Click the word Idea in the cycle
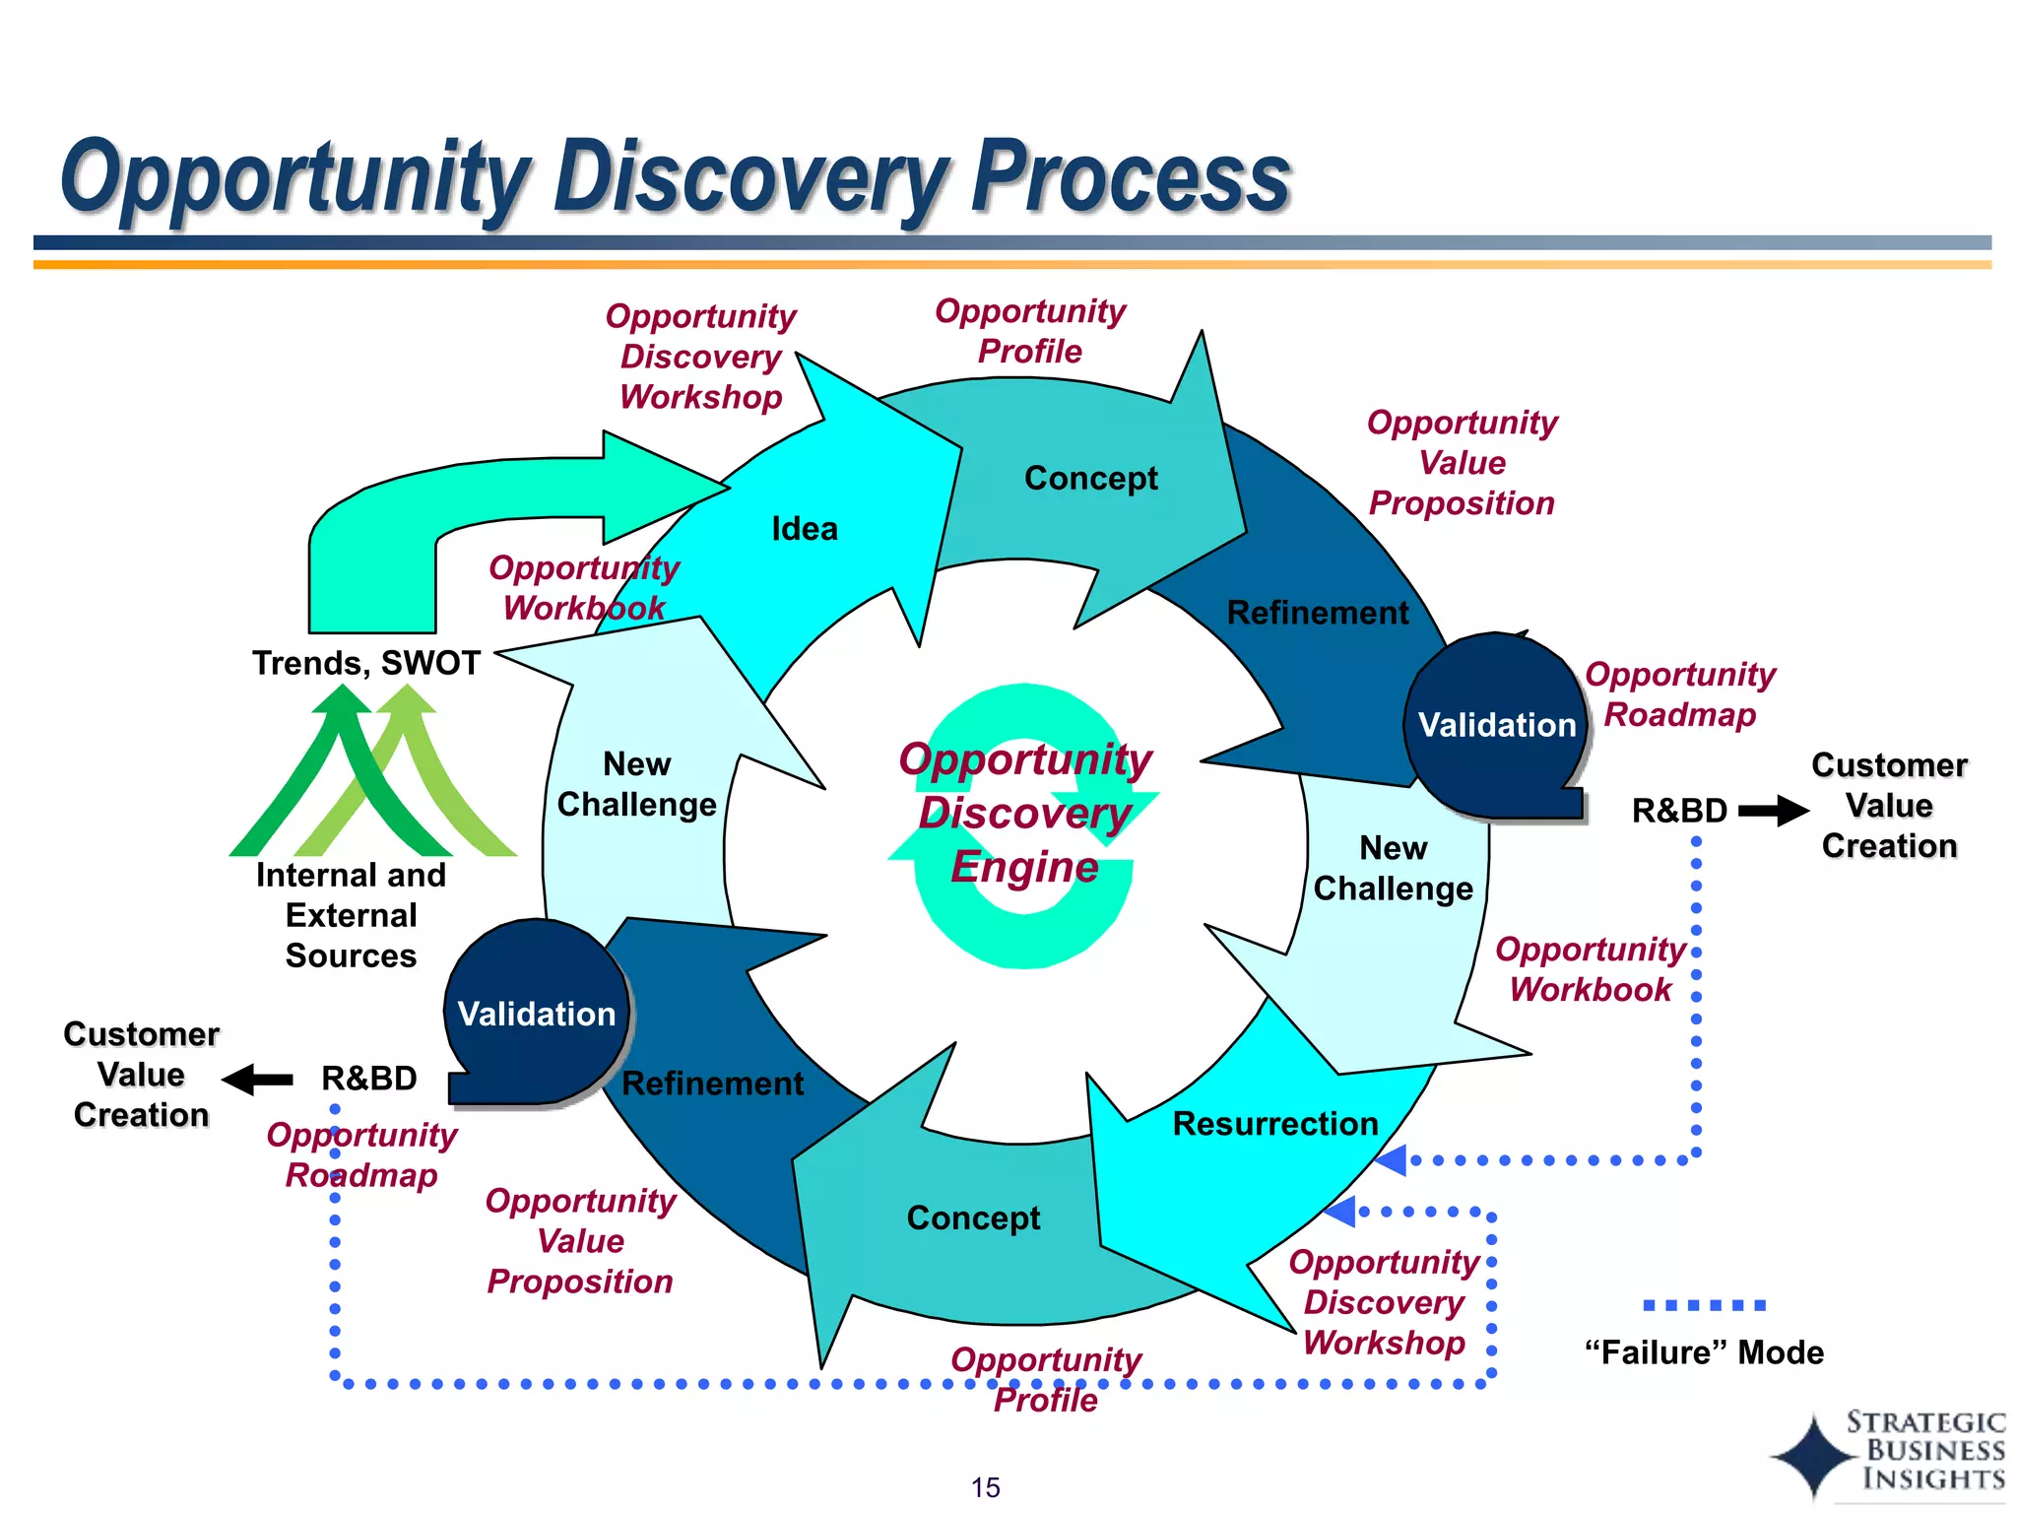[x=805, y=529]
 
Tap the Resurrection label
[x=1274, y=1124]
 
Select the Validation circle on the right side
[x=1496, y=725]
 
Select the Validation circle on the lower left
[x=537, y=1014]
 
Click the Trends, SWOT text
[x=365, y=663]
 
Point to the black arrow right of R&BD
[x=1773, y=811]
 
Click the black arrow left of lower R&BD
[x=258, y=1080]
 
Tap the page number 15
[x=985, y=1487]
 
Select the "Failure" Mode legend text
[x=1704, y=1352]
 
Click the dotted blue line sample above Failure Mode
[x=1704, y=1305]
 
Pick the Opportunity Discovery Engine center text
[x=1024, y=814]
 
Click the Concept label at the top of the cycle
[x=1090, y=478]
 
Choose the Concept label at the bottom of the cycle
[x=973, y=1218]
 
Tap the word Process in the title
[x=1130, y=177]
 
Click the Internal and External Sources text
[x=351, y=915]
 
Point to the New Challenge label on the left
[x=636, y=784]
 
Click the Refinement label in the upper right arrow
[x=1317, y=613]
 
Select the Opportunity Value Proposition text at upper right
[x=1462, y=463]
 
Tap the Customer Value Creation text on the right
[x=1888, y=806]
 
